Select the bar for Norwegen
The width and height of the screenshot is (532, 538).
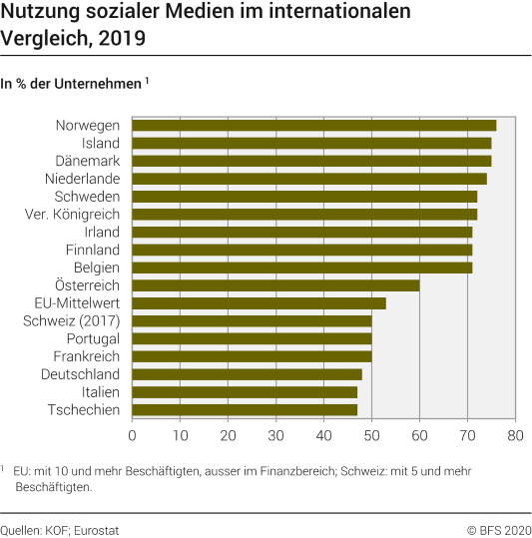pyautogui.click(x=313, y=125)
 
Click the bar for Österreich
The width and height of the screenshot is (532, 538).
pyautogui.click(x=275, y=285)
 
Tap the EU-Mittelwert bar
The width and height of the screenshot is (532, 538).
pyautogui.click(x=259, y=303)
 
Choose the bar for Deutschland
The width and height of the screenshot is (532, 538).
pyautogui.click(x=247, y=374)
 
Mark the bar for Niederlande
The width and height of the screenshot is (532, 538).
pyautogui.click(x=309, y=179)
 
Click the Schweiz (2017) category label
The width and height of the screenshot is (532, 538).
pyautogui.click(x=71, y=321)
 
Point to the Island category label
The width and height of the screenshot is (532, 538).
pyautogui.click(x=100, y=144)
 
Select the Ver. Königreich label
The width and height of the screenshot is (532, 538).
pyautogui.click(x=72, y=215)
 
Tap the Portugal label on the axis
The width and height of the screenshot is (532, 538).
pyautogui.click(x=92, y=338)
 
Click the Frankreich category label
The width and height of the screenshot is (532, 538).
pyautogui.click(x=87, y=356)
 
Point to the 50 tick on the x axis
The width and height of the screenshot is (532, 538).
pyautogui.click(x=371, y=435)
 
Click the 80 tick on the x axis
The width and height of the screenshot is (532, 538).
pyautogui.click(x=515, y=435)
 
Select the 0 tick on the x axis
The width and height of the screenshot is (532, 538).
pyautogui.click(x=132, y=435)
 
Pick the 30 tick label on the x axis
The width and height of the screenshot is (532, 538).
pyautogui.click(x=275, y=435)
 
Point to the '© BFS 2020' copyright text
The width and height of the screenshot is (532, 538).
pyautogui.click(x=499, y=530)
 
